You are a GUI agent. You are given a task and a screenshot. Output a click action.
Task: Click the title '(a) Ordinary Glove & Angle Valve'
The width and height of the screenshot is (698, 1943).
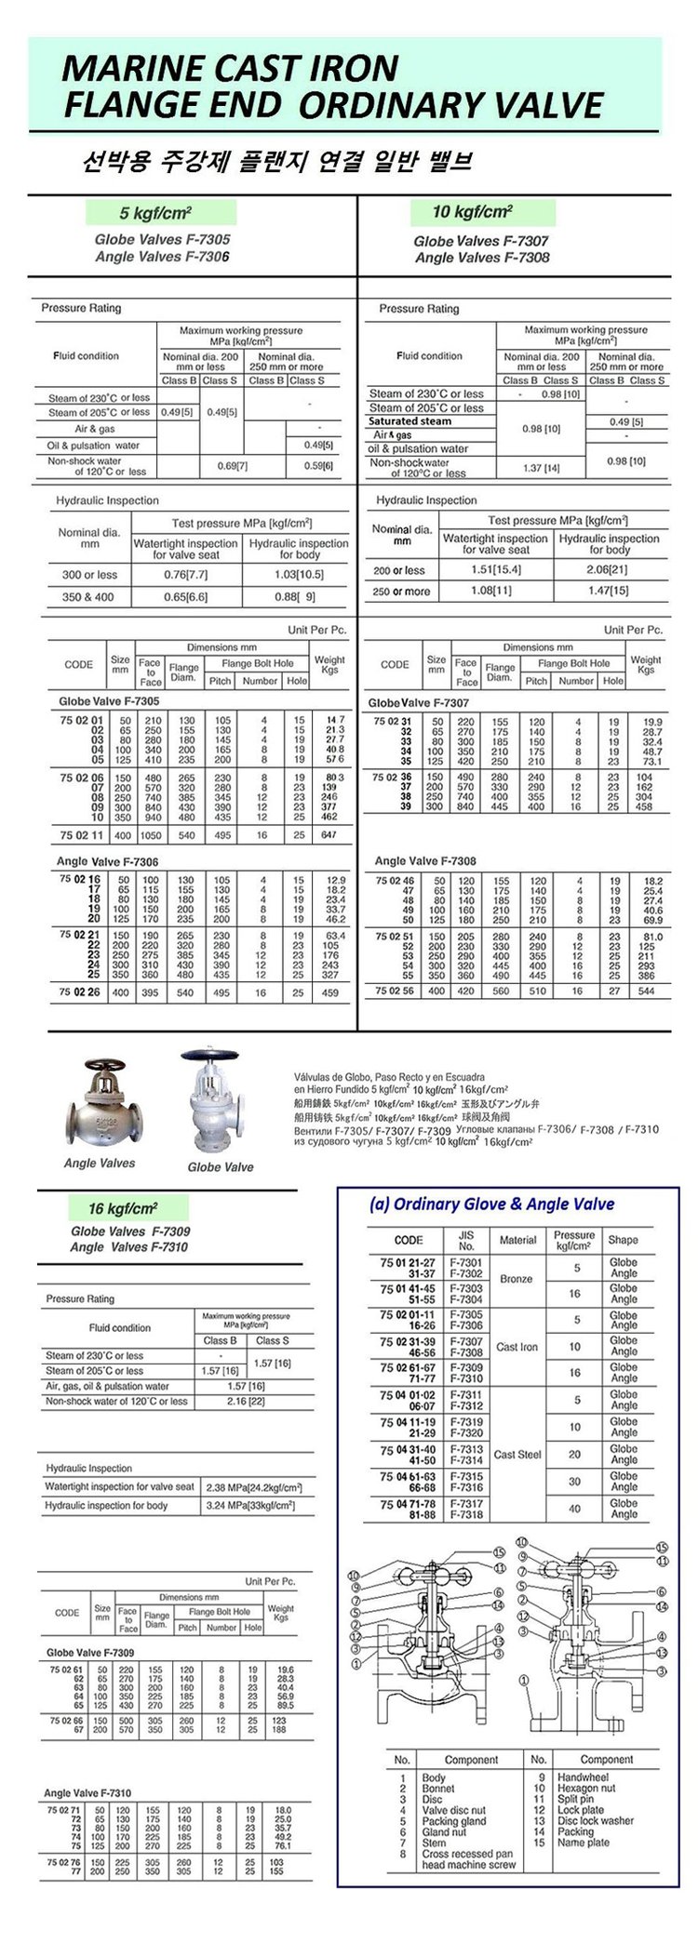(491, 1204)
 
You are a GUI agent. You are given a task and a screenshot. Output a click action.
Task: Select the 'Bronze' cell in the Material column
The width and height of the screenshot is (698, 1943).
(517, 1279)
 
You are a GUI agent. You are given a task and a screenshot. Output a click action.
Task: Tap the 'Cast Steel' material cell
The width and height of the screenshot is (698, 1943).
(517, 1454)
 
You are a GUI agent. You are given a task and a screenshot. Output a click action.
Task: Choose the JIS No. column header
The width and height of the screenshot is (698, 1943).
(466, 1240)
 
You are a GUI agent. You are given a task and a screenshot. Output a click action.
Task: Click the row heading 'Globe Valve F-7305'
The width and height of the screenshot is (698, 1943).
(109, 702)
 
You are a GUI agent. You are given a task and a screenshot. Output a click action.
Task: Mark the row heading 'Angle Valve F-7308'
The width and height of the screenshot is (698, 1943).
(425, 861)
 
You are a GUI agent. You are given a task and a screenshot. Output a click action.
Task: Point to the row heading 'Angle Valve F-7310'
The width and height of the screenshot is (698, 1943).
(87, 1792)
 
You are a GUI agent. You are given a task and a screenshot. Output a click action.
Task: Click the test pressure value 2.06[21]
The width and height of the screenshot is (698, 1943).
(609, 570)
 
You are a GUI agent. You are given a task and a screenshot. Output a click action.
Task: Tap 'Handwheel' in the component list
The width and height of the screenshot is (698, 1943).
(583, 1777)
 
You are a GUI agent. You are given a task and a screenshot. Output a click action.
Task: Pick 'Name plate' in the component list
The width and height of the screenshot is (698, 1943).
(583, 1843)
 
